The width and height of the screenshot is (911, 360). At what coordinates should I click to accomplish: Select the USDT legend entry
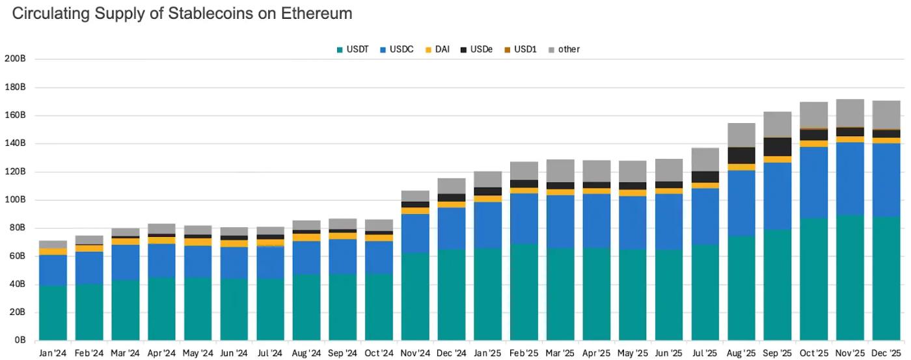tap(352, 49)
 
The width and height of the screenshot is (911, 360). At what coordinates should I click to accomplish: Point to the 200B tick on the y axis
tap(15, 59)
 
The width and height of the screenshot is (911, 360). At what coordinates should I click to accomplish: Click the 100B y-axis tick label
tap(15, 200)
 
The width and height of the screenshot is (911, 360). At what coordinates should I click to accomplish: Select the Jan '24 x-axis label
tap(53, 353)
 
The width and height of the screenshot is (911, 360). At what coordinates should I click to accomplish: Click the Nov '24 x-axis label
tap(415, 353)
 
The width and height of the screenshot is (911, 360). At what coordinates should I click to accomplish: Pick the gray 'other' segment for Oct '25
tap(813, 115)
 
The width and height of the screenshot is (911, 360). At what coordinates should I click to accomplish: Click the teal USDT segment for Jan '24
tap(53, 312)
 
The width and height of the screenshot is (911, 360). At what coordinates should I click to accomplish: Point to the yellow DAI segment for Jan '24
tap(53, 251)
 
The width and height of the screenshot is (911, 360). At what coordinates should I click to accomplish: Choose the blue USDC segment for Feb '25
tap(524, 219)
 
